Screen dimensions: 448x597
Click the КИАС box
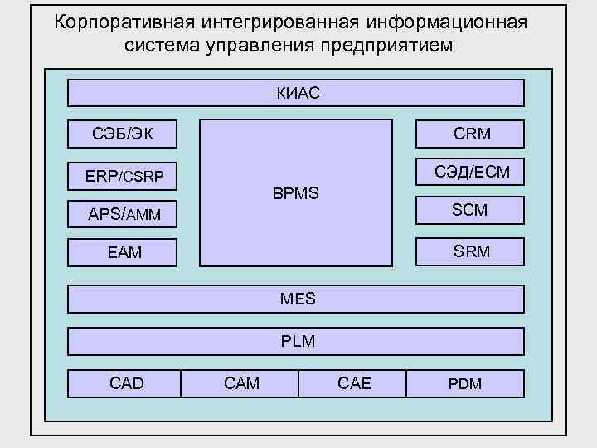[295, 93]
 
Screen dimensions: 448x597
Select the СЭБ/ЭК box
[122, 133]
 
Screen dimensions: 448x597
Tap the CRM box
[470, 133]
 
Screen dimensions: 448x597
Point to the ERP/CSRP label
[124, 176]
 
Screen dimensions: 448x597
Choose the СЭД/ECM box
[470, 172]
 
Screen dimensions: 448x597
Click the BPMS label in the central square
[295, 194]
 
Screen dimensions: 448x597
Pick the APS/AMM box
[122, 215]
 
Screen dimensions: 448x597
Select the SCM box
[470, 211]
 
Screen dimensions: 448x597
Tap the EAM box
[122, 252]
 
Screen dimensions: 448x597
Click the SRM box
[470, 251]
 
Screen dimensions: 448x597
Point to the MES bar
[295, 299]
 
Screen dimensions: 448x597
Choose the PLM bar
[295, 341]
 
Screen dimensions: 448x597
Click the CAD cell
[125, 383]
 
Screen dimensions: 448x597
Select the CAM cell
[240, 383]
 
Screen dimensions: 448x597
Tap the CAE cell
[353, 383]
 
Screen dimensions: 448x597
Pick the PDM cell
[465, 383]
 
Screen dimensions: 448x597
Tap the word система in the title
[162, 45]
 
